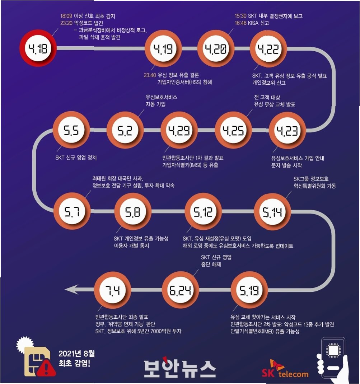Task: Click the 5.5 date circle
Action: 71,130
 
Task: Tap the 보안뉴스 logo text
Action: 179,368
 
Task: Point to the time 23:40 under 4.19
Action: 150,75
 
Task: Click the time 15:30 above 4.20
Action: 240,16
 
